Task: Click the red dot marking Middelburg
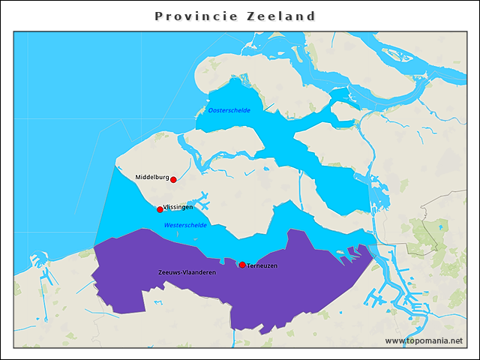coord(173,179)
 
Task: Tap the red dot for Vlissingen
coord(160,209)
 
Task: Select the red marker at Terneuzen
coord(242,265)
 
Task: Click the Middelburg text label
coord(151,178)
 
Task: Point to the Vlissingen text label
coord(178,206)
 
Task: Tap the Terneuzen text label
coord(262,266)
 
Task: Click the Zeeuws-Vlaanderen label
coord(187,272)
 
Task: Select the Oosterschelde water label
coord(229,110)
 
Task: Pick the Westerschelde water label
coord(185,225)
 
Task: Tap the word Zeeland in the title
coord(281,16)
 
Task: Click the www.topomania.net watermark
coord(424,340)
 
